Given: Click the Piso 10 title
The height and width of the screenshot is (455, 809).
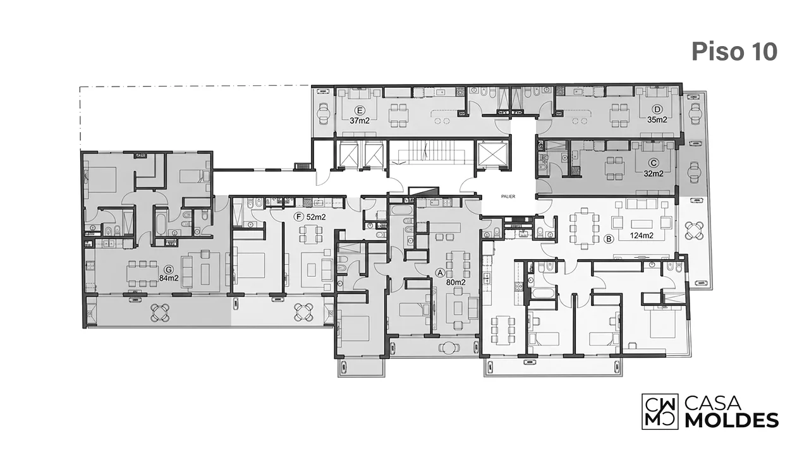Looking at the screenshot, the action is click(x=734, y=52).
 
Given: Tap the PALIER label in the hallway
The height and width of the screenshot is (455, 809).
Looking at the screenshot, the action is click(x=508, y=197).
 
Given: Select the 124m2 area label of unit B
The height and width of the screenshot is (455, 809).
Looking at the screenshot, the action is click(x=642, y=236).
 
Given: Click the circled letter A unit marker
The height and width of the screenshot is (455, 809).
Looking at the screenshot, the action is click(x=441, y=273).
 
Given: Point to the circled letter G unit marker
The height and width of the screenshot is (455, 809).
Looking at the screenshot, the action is click(x=168, y=269).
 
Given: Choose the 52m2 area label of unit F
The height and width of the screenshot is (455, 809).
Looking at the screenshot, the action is click(x=316, y=217).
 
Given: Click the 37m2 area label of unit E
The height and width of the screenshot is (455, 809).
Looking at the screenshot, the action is click(x=360, y=121).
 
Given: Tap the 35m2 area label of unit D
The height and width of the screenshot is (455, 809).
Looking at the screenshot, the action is click(x=657, y=119).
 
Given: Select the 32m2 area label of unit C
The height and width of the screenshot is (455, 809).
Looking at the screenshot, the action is click(x=654, y=173).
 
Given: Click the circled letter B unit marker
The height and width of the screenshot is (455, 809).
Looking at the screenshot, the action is click(x=609, y=239).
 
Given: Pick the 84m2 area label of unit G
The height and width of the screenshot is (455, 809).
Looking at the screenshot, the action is click(x=169, y=279).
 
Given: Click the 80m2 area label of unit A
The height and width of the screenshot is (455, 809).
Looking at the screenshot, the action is click(x=456, y=282).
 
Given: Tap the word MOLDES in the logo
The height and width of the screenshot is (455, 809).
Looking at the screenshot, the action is click(x=732, y=420).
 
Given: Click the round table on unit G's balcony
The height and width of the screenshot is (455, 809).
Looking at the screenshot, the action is click(x=160, y=312).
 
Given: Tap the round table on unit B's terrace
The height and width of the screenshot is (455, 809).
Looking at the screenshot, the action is click(x=693, y=231).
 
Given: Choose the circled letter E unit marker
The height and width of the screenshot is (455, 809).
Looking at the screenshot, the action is click(x=360, y=110).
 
